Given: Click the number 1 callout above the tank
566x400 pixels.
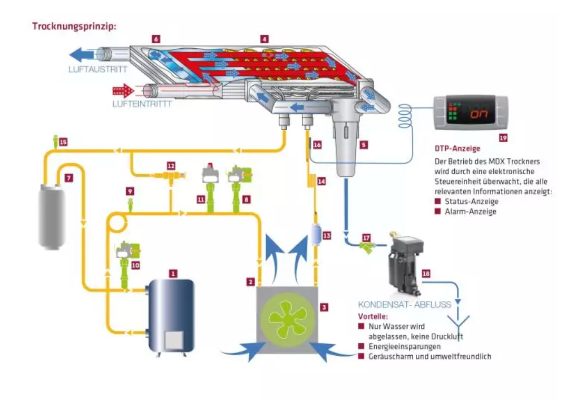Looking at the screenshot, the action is (x=173, y=274).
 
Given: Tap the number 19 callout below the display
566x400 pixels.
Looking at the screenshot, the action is (x=503, y=138).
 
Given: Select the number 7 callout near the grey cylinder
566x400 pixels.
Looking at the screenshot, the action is (x=69, y=178).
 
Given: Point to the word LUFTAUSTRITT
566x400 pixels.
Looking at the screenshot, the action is (x=98, y=69).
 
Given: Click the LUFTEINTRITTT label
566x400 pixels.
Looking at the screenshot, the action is (x=142, y=104).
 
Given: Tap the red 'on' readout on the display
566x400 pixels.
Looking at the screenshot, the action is (x=479, y=114).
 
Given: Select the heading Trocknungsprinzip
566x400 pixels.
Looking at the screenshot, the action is (x=74, y=26).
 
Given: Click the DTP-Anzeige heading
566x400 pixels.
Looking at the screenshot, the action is (x=457, y=148).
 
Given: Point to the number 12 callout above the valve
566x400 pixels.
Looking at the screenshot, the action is (x=171, y=166).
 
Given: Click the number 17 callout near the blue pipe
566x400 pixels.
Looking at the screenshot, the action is (x=366, y=238).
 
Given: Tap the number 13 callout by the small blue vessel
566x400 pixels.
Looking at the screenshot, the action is (x=327, y=236).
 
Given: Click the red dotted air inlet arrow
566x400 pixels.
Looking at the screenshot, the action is (x=123, y=91).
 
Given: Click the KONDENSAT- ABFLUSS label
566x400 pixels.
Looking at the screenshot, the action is (x=405, y=305).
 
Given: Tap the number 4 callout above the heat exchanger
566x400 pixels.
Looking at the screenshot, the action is (x=265, y=39).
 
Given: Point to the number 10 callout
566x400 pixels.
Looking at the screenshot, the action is (x=135, y=266).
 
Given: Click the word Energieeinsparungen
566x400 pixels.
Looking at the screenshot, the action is (x=405, y=347).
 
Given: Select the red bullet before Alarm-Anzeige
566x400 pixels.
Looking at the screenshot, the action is (x=437, y=211).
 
